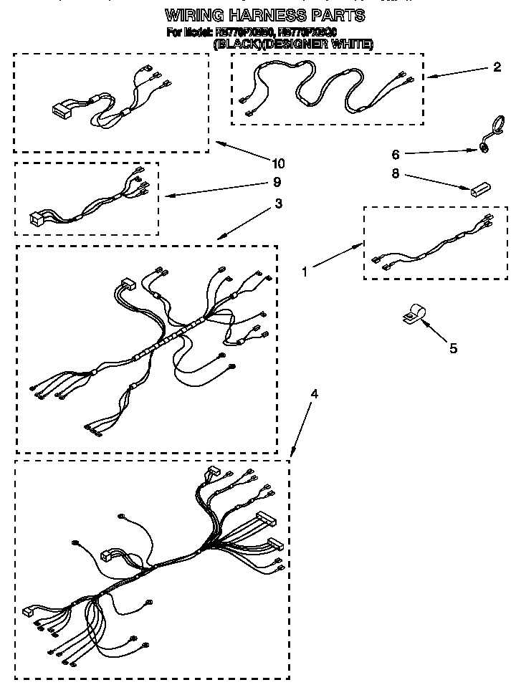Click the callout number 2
(497, 68)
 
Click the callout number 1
(305, 272)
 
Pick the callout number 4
(313, 394)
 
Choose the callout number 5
(453, 348)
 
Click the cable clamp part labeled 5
(411, 316)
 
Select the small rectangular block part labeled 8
(479, 190)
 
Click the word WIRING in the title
(194, 14)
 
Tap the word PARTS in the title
(342, 14)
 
